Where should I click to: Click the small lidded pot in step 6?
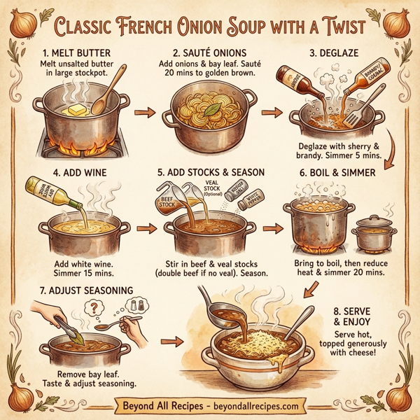point(372,235)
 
